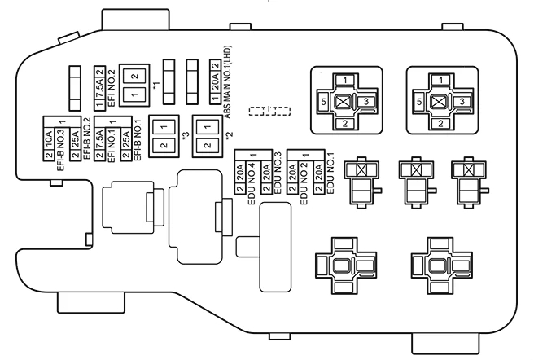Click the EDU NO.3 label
(278, 182)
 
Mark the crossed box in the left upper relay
(345, 102)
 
